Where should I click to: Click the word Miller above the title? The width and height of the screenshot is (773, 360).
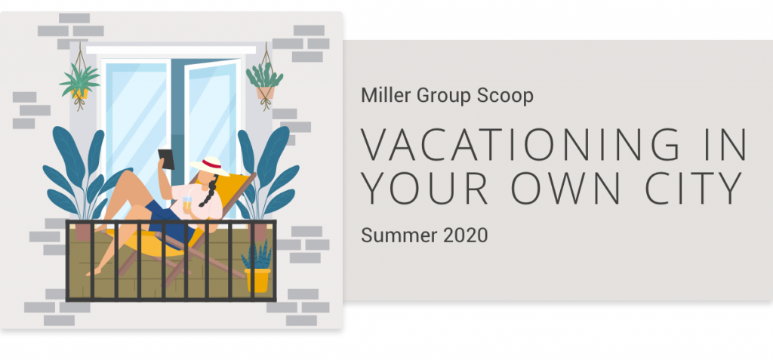[386, 95]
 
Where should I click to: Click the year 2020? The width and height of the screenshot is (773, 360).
[465, 235]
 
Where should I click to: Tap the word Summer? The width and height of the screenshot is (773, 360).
[399, 235]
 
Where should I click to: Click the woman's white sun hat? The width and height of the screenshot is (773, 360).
[211, 166]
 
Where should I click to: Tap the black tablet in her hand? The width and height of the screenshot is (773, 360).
[166, 158]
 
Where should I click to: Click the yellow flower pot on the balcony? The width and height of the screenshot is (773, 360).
[257, 279]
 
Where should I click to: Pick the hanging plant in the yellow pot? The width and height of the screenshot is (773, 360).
[79, 83]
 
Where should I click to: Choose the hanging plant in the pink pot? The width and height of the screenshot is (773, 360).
[265, 82]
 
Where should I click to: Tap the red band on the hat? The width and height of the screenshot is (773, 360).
[212, 165]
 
